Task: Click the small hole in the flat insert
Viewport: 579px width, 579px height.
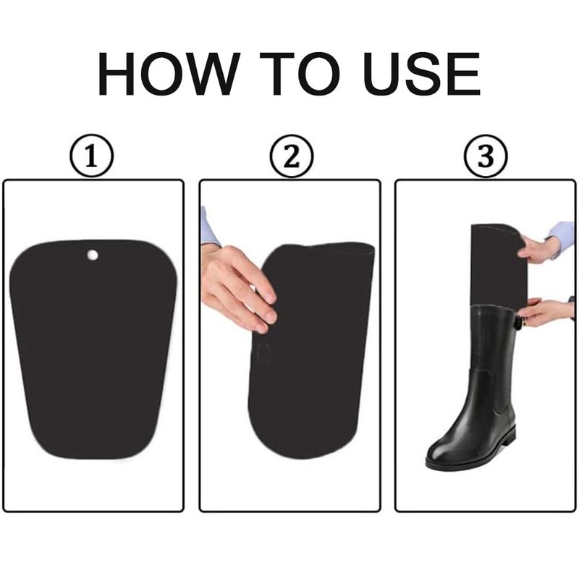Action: coord(93,255)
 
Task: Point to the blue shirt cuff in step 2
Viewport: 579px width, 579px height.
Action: coord(208,228)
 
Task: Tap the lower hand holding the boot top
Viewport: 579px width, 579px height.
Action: coord(543,312)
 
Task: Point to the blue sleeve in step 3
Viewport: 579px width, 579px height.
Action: coord(563,235)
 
